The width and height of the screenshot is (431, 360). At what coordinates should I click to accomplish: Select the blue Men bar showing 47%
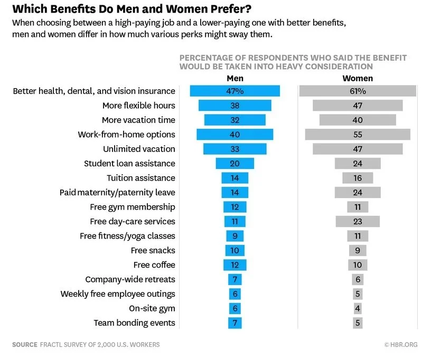pos(235,91)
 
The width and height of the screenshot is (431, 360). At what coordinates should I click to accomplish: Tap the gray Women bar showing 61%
pos(358,91)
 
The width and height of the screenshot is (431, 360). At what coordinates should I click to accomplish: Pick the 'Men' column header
pos(235,78)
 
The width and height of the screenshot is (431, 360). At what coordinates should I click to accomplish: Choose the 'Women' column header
pos(358,78)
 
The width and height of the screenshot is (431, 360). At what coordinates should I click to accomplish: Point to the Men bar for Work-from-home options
pos(235,135)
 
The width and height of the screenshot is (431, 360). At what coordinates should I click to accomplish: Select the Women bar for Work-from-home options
pos(358,135)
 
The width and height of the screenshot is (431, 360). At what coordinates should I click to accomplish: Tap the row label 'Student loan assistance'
pos(129,164)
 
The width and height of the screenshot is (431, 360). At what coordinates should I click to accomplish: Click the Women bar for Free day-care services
pos(358,222)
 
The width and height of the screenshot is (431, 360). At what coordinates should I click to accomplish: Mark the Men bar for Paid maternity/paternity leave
pos(235,193)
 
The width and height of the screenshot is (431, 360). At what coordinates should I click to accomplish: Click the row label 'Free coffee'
pos(154,265)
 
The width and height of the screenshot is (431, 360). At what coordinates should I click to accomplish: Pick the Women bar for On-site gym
pos(358,308)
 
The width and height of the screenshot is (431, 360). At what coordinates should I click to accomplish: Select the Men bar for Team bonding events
pos(235,323)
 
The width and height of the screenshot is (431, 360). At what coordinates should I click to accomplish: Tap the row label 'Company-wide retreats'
pos(130,279)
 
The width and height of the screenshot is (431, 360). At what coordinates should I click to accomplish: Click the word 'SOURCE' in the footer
pos(24,345)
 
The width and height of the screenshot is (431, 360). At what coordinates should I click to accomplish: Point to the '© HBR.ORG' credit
pos(401,345)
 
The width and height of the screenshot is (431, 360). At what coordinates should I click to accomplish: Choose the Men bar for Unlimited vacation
pos(235,149)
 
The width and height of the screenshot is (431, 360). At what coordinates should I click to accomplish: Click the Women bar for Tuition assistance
pos(358,178)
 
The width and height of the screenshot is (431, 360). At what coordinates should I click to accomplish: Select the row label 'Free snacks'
pos(153,250)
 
